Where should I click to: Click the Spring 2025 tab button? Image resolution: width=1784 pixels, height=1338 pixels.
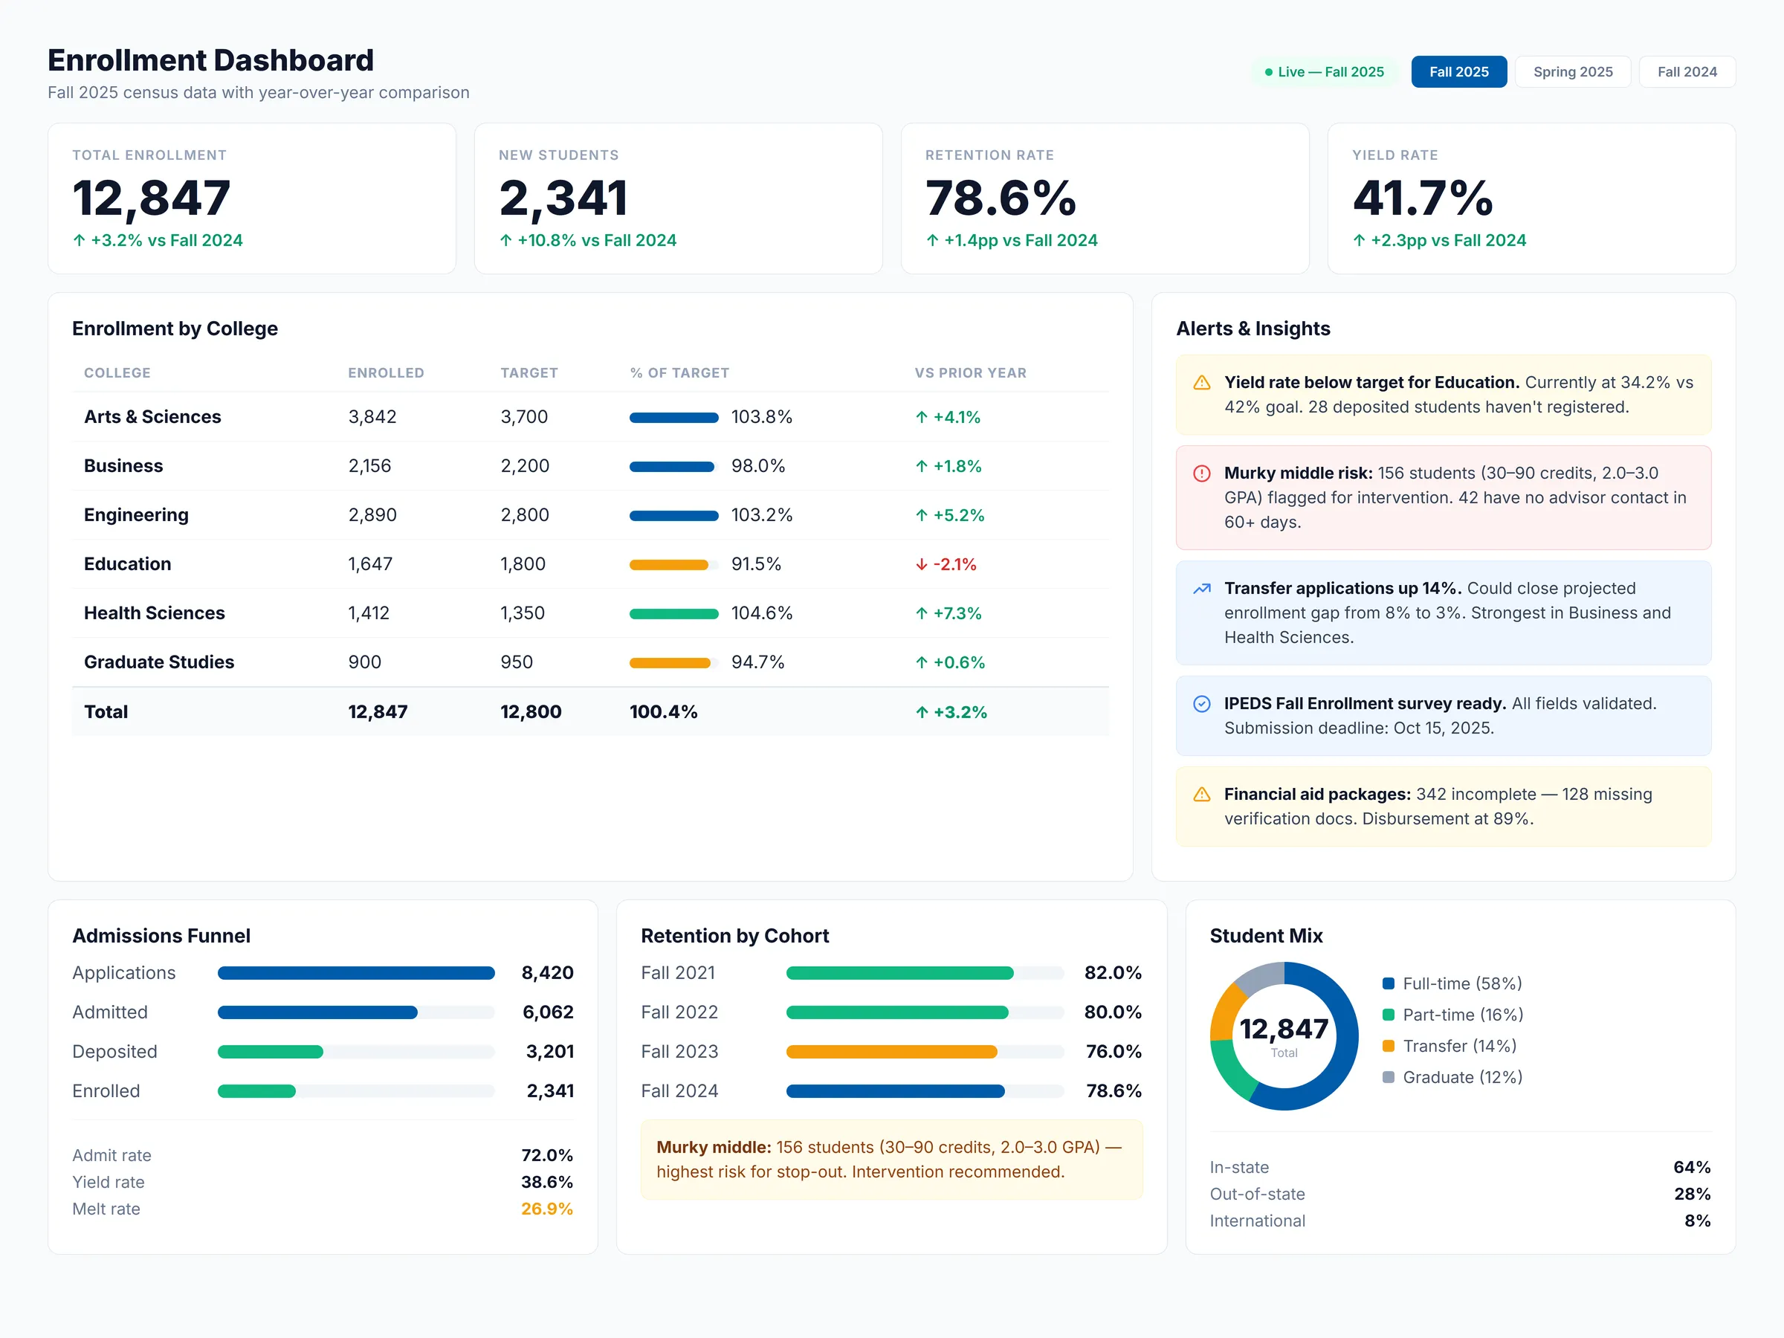pos(1572,72)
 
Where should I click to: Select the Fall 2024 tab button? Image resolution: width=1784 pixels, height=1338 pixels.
pos(1687,72)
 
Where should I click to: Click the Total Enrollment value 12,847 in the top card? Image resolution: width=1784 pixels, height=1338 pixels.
pos(152,198)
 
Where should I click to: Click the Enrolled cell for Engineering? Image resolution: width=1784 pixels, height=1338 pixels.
pos(372,514)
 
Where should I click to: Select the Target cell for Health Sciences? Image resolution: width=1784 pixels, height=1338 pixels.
pos(522,613)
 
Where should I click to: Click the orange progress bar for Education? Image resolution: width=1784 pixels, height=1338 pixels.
pos(668,564)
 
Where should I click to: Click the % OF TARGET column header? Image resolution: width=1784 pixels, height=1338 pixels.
pos(679,372)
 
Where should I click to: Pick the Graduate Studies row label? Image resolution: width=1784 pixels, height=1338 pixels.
pos(159,662)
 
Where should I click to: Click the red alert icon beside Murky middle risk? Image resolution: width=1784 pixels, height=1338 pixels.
pos(1201,474)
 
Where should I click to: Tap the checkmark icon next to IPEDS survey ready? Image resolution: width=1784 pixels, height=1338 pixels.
pos(1201,704)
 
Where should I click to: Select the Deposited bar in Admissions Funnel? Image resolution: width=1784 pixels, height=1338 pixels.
pos(270,1052)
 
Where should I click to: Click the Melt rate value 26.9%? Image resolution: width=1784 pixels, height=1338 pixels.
pos(546,1209)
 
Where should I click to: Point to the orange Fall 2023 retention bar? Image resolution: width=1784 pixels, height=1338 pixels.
pos(891,1052)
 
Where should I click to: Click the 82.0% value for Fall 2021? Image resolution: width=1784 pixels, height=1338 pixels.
pos(1112,972)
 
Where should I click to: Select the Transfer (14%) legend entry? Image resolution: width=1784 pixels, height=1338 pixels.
pos(1458,1046)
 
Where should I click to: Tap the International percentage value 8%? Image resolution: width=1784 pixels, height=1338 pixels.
pos(1696,1221)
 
